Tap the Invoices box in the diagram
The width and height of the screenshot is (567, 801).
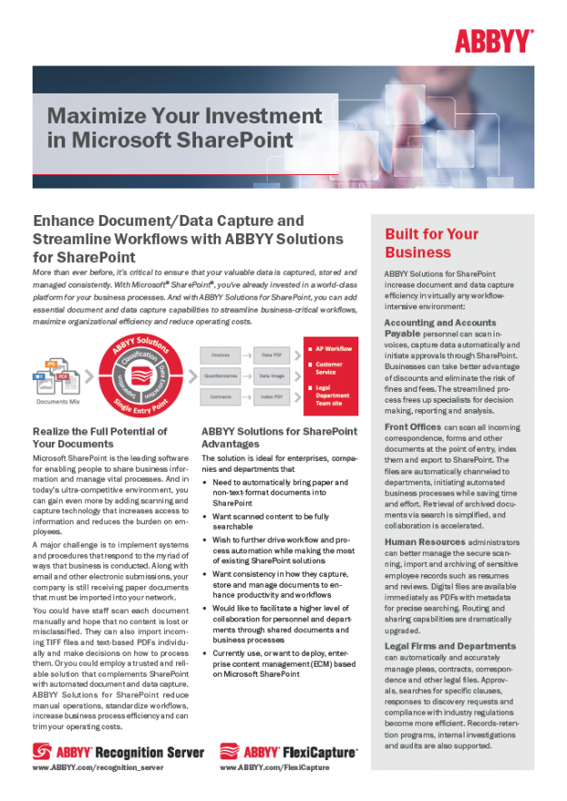point(220,355)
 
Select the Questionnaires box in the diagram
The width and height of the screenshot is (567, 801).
point(220,374)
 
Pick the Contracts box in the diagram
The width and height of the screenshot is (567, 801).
point(220,396)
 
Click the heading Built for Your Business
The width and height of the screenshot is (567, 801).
point(431,243)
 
